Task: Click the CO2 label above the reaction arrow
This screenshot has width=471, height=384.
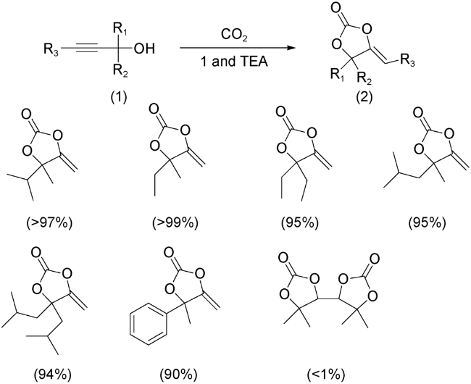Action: [235, 36]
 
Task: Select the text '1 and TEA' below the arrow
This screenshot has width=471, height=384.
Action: [234, 62]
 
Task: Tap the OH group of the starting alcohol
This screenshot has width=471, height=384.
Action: [144, 49]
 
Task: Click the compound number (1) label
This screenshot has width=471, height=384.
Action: [117, 96]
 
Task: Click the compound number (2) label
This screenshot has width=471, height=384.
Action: [364, 96]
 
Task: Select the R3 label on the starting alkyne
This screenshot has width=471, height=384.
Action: [51, 49]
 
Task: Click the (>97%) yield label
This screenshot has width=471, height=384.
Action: [49, 223]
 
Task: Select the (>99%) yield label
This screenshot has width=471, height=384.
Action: [175, 223]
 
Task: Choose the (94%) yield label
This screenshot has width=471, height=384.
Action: [52, 374]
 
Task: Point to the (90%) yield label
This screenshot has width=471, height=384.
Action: [179, 374]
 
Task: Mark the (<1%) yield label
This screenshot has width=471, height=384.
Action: [325, 374]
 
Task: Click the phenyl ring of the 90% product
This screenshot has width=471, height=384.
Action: [149, 323]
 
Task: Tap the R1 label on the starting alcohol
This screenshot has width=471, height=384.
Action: [120, 29]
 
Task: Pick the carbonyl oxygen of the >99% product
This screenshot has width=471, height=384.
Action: [154, 109]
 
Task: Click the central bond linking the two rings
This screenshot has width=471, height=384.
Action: [328, 299]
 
